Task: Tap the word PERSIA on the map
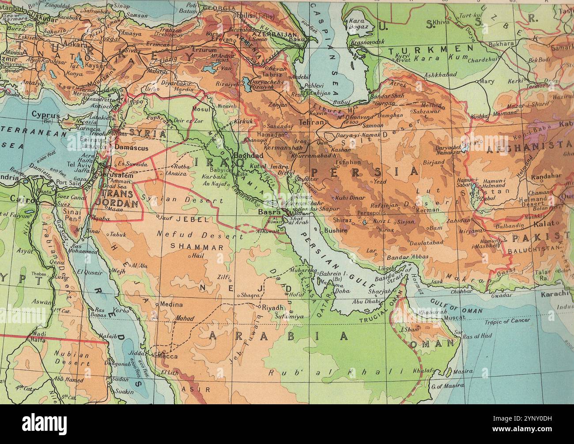click(364, 171)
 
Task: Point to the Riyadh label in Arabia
click(272, 307)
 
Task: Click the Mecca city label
click(168, 356)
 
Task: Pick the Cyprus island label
click(45, 114)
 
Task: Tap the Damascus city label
click(132, 148)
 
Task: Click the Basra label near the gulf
click(269, 212)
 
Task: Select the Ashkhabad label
click(440, 75)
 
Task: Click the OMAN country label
click(432, 342)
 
